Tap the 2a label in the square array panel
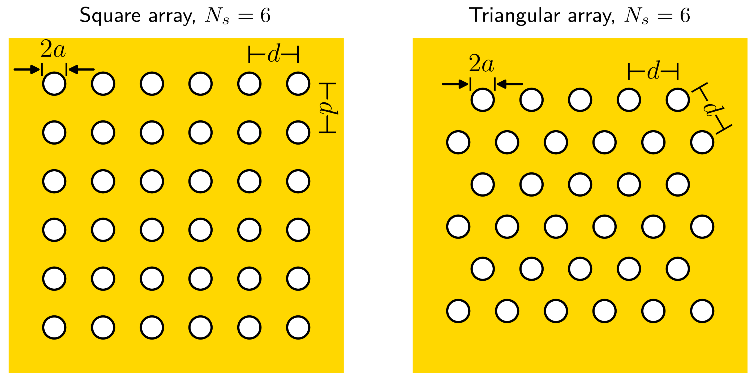[53, 49]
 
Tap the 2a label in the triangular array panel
[482, 64]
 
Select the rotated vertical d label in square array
[328, 108]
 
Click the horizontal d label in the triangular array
[653, 71]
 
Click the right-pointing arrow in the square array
[27, 70]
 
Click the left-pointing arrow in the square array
[81, 70]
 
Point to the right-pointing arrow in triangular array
[455, 84]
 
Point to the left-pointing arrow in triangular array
[510, 84]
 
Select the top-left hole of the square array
[54, 84]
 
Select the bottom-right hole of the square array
[298, 327]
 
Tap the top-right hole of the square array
[298, 84]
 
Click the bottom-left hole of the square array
[54, 327]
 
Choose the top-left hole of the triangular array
[483, 100]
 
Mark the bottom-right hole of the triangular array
[702, 311]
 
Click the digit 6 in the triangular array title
[685, 16]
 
